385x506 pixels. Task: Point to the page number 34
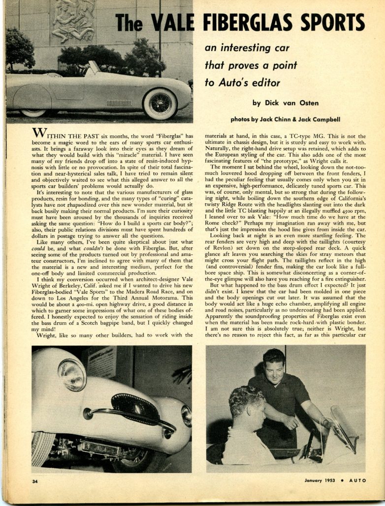click(x=35, y=480)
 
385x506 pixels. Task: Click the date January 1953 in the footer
click(x=321, y=480)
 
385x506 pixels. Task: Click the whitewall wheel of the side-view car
click(x=160, y=103)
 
